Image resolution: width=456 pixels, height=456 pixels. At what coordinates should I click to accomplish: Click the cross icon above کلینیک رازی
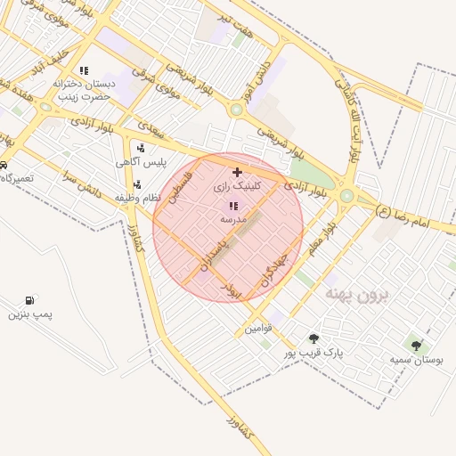tap(237, 171)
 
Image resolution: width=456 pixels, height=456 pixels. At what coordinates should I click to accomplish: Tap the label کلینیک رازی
tap(238, 188)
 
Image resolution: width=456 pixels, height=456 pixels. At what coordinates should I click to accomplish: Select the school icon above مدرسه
tap(233, 206)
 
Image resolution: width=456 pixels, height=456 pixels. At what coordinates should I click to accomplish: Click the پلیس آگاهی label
tap(138, 163)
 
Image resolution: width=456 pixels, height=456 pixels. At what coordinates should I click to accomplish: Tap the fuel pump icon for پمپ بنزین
tap(32, 299)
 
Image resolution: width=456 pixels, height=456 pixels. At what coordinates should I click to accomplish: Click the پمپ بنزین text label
tap(31, 314)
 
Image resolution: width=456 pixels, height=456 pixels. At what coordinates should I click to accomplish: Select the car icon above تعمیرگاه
tap(4, 165)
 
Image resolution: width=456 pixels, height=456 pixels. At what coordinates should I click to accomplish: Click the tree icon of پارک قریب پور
tap(313, 338)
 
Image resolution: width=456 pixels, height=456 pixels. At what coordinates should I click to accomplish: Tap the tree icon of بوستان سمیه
tap(416, 345)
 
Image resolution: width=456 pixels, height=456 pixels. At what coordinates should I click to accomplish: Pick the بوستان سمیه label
tap(417, 360)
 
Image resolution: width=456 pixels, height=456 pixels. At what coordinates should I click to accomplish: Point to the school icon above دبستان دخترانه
tap(84, 70)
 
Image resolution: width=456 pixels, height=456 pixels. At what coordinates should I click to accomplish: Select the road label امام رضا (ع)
tap(403, 216)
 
